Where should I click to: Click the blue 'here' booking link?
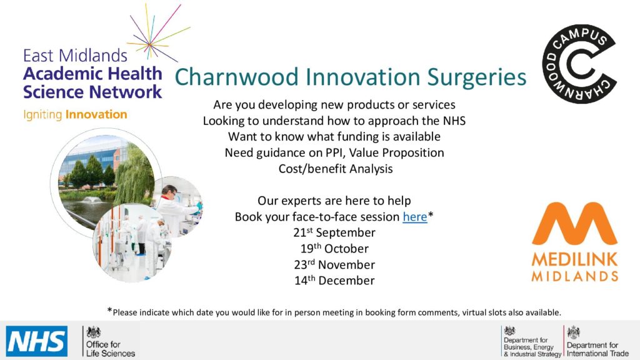pyautogui.click(x=415, y=217)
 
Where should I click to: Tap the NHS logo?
pyautogui.click(x=37, y=341)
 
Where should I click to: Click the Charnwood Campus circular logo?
pyautogui.click(x=579, y=64)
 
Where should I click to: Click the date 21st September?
pyautogui.click(x=334, y=232)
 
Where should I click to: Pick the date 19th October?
pyautogui.click(x=334, y=249)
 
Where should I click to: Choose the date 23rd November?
pyautogui.click(x=334, y=264)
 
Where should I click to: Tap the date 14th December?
pyautogui.click(x=334, y=281)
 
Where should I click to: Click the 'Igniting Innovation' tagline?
pyautogui.click(x=75, y=115)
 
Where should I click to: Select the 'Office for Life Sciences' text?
pyautogui.click(x=110, y=349)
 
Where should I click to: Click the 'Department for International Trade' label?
pyautogui.click(x=597, y=349)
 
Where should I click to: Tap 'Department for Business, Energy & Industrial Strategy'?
pyautogui.click(x=532, y=347)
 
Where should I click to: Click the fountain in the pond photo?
pyautogui.click(x=91, y=200)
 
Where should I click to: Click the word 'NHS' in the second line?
pyautogui.click(x=454, y=121)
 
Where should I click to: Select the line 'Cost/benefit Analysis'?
pyautogui.click(x=336, y=169)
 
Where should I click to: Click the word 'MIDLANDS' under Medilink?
pyautogui.click(x=575, y=276)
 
